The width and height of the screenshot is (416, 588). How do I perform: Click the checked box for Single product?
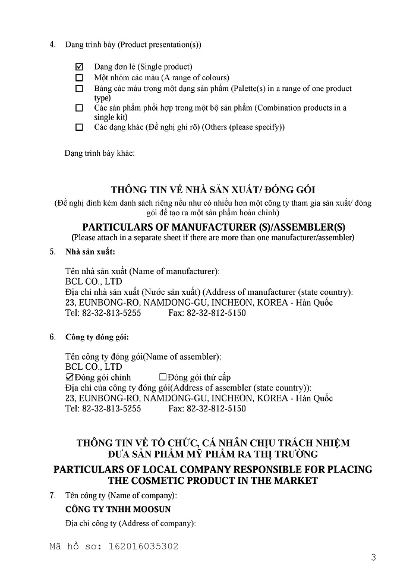coord(79,67)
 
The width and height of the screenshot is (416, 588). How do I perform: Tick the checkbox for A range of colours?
coord(79,78)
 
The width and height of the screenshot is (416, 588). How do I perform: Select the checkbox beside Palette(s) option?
coord(79,89)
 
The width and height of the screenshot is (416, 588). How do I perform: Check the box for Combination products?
coord(79,108)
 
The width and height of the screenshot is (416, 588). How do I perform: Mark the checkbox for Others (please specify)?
coord(79,127)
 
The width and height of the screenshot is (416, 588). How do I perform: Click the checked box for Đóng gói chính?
coord(68,378)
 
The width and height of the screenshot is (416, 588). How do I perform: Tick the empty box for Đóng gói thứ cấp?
coord(162,378)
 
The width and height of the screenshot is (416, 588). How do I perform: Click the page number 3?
coord(373,557)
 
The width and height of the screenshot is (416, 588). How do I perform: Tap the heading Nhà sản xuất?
coord(90,252)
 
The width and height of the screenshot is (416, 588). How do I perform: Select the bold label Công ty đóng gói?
coord(97,337)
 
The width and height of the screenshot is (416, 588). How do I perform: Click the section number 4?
coord(52,45)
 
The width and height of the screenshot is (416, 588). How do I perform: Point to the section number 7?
coord(52,495)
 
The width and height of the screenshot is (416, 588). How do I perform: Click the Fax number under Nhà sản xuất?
coord(207,313)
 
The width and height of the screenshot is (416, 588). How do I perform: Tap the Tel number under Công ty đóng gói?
coord(103,408)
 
